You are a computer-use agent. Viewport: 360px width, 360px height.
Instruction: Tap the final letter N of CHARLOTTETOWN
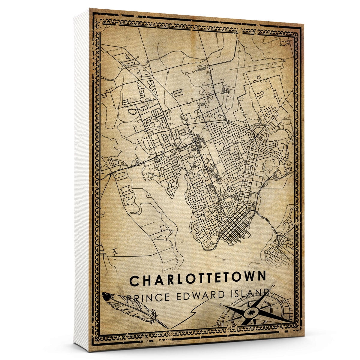[x=261, y=277]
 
